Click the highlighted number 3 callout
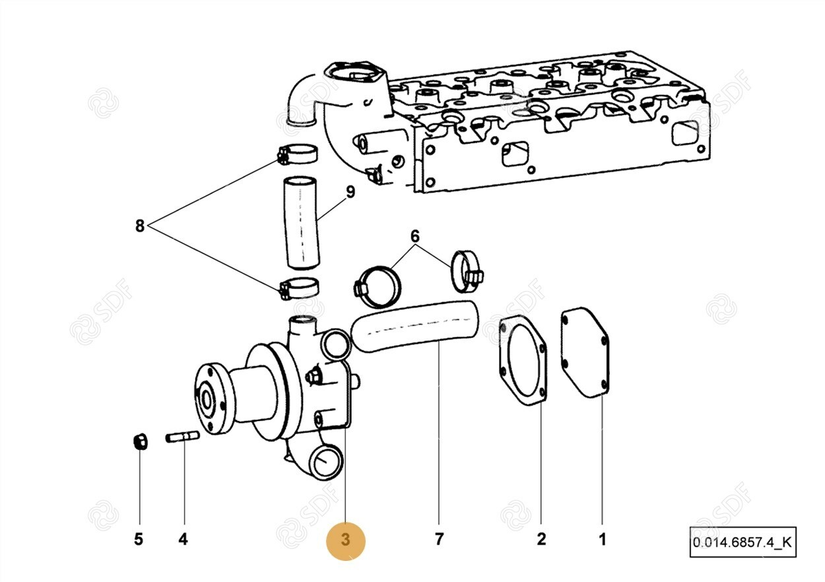[x=345, y=540]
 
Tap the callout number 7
[x=439, y=539]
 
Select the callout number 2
[x=541, y=539]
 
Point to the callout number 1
[x=602, y=539]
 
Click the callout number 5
[x=139, y=539]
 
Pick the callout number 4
[x=183, y=539]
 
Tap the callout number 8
[x=139, y=226]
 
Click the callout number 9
[x=350, y=192]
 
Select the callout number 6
[x=414, y=236]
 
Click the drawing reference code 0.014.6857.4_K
[x=742, y=542]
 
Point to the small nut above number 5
[x=139, y=441]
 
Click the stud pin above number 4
[x=183, y=437]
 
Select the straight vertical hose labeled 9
[x=300, y=222]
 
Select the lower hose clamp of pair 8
[x=299, y=288]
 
